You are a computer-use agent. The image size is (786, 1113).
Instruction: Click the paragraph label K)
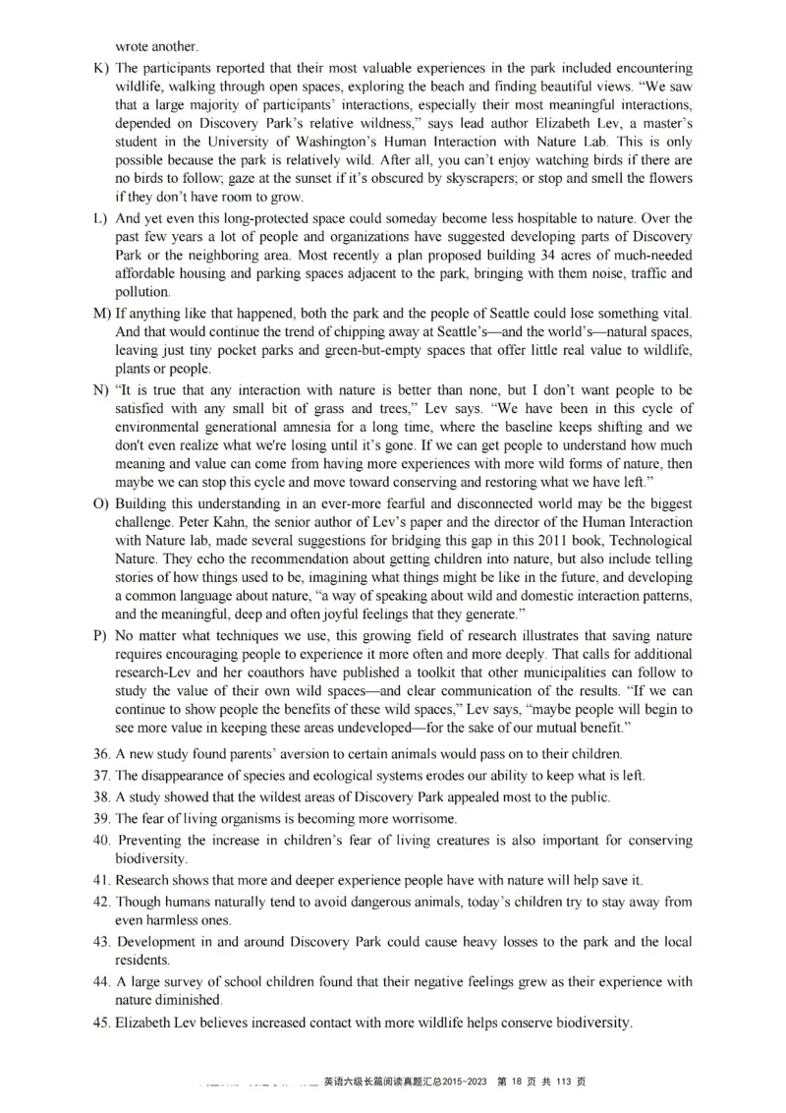(100, 69)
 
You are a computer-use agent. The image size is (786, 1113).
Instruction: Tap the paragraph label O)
(100, 503)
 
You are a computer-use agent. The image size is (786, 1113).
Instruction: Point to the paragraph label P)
(100, 635)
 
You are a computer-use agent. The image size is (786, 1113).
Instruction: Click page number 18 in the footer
(518, 1083)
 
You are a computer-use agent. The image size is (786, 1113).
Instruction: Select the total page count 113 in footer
(564, 1083)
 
